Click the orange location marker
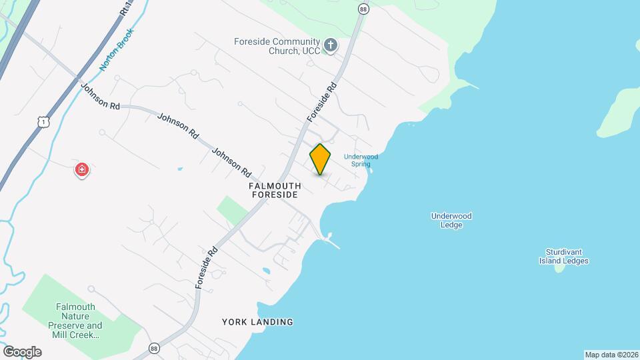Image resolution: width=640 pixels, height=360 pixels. pyautogui.click(x=320, y=159)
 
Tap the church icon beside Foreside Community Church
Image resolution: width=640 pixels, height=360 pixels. pyautogui.click(x=330, y=45)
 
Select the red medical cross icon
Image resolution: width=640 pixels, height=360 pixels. pyautogui.click(x=82, y=170)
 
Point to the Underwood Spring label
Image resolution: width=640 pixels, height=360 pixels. pyautogui.click(x=361, y=160)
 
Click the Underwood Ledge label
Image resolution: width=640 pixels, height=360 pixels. pyautogui.click(x=451, y=220)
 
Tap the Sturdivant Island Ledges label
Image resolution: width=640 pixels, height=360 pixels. pyautogui.click(x=563, y=257)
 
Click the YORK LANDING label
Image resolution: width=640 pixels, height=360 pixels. pyautogui.click(x=257, y=322)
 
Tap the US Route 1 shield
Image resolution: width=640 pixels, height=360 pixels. pyautogui.click(x=43, y=122)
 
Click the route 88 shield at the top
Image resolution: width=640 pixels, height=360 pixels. pyautogui.click(x=363, y=9)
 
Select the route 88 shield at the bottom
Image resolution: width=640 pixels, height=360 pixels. pyautogui.click(x=155, y=349)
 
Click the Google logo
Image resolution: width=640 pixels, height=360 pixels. pyautogui.click(x=22, y=351)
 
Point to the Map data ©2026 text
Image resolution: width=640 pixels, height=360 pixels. pyautogui.click(x=611, y=355)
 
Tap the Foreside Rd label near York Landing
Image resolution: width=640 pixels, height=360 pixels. pyautogui.click(x=207, y=267)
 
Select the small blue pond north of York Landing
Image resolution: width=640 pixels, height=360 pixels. pyautogui.click(x=266, y=271)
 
